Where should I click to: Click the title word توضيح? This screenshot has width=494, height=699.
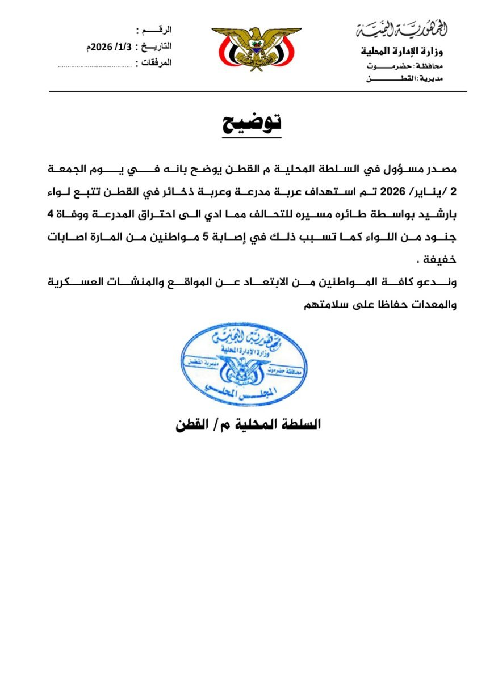pos(251,123)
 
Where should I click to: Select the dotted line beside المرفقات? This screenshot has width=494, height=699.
pos(95,66)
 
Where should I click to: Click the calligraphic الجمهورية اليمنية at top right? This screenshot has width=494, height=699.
pos(402,27)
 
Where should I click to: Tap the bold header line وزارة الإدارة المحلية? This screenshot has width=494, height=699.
pos(403,51)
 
